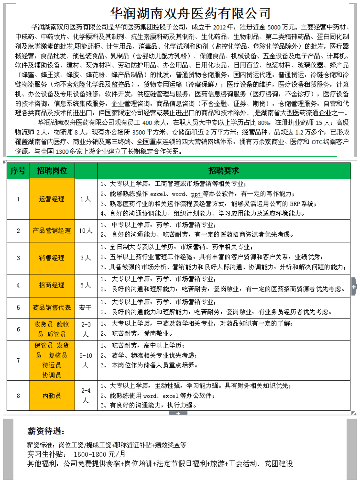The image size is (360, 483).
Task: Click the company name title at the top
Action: pos(190,13)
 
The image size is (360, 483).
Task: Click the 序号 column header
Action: pos(18,171)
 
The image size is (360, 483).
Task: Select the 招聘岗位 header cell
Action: pos(52,171)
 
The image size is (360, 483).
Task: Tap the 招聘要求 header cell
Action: pos(224,171)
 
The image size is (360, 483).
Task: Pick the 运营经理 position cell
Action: pos(52,199)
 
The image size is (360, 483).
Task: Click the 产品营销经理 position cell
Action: pos(52,231)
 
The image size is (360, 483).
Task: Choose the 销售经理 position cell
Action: pos(52,258)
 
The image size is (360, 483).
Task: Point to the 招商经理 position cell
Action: pos(52,285)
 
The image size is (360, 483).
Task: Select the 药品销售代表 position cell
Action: pos(52,307)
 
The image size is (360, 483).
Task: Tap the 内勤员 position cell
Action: pos(52,396)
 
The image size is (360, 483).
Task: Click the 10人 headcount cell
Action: pos(85,231)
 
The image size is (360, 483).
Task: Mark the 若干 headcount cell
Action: pos(85,307)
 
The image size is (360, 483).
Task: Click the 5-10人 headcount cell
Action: pos(85,360)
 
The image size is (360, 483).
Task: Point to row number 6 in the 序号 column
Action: pos(18,329)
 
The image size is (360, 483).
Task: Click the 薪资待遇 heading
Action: pos(46,431)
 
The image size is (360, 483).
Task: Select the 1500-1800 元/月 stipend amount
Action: pos(99,454)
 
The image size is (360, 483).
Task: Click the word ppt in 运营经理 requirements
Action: pos(196,194)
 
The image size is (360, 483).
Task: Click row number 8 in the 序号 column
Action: pos(18,396)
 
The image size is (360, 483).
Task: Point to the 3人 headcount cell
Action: pos(85,258)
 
